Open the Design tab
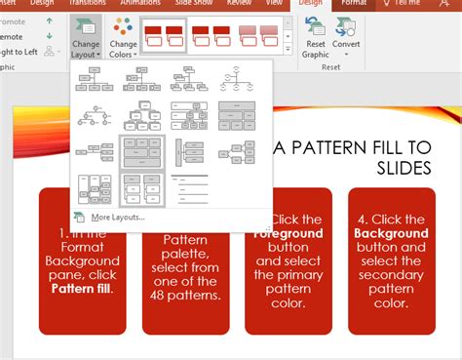pyautogui.click(x=310, y=4)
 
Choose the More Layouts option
pyautogui.click(x=117, y=217)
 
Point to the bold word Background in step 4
pyautogui.click(x=390, y=233)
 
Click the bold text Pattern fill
pyautogui.click(x=81, y=290)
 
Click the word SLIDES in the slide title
pyautogui.click(x=404, y=168)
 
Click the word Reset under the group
pyautogui.click(x=331, y=67)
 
